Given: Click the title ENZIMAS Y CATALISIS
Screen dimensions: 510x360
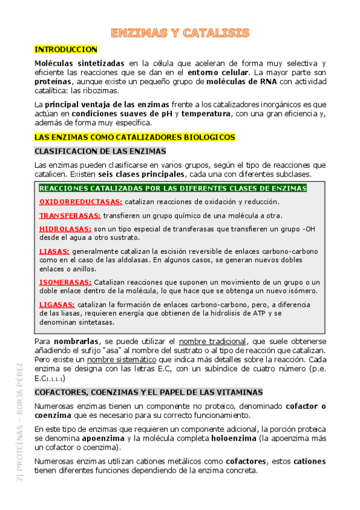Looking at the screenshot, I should coord(180,32).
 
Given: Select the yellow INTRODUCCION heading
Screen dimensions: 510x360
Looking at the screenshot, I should coord(66,49).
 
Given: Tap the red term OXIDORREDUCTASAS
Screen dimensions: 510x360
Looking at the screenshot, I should coord(81,202).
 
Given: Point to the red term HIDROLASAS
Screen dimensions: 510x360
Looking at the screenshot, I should coord(65,229).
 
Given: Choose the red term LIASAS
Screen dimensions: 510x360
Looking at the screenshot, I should coord(54,251).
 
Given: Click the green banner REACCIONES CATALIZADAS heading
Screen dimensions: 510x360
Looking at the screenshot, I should coord(172,189).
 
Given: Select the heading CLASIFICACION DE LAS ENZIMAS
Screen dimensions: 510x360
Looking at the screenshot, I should coord(100,152).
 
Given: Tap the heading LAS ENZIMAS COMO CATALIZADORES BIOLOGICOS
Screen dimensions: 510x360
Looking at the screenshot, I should coord(135,137).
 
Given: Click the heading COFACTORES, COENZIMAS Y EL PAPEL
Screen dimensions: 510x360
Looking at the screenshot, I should coord(148,392).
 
